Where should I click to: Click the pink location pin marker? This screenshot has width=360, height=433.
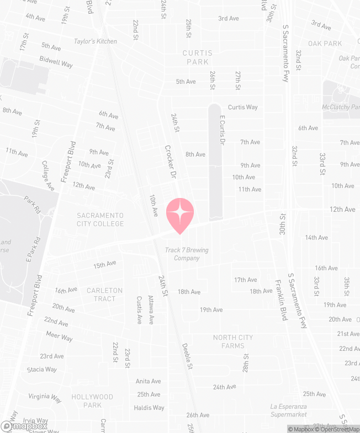pos(180,215)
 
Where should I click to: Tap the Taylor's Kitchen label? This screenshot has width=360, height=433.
pos(96,41)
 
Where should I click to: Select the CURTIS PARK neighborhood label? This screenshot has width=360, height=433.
pos(197,57)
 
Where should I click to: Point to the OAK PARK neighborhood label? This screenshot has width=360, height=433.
pos(325,44)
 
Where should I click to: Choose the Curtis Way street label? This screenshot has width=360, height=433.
pos(243,107)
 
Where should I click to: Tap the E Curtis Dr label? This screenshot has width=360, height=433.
pos(223,131)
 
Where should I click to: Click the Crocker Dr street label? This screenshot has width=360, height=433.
pos(170,161)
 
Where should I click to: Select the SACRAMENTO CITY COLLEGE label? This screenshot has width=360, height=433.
pos(100,220)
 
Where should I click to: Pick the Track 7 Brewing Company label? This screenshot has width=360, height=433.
pos(187,254)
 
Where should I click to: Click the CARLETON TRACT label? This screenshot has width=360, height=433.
pos(104,295)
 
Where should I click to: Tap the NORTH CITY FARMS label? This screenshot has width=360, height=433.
pos(233,341)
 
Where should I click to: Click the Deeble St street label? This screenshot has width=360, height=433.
pos(188,356)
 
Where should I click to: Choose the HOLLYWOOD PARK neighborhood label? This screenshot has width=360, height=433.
pos(92,401)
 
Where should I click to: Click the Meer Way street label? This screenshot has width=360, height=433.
pos(59,336)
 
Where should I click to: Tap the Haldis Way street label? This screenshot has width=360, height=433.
pos(149,408)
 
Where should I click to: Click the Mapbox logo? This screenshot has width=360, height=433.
pos(24,426)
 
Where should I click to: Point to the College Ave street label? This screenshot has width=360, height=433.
pos(48,176)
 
